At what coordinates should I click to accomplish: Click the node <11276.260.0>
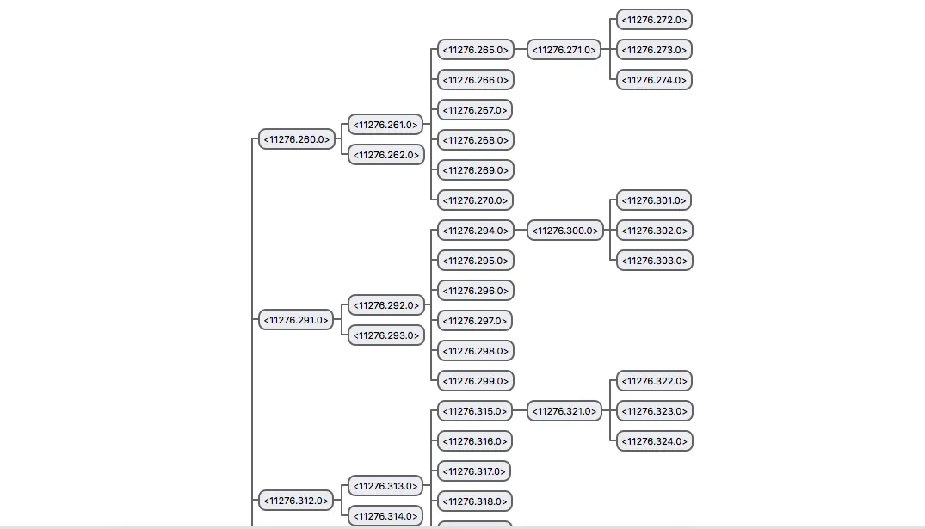point(297,139)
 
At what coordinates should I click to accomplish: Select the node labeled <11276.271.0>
point(564,50)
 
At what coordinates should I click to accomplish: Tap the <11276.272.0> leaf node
point(654,20)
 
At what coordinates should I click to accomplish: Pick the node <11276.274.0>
point(654,80)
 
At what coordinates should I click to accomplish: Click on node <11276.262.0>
point(386,155)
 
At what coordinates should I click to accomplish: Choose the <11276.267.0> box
point(475,110)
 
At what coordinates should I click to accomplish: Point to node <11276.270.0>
point(476,200)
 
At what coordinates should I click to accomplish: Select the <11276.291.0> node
point(296,320)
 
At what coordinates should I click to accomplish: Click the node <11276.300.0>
point(565,230)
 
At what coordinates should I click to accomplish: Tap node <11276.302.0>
point(655,230)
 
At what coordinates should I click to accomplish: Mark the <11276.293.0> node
point(386,335)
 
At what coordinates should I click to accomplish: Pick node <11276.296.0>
point(476,290)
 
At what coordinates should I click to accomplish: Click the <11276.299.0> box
point(476,380)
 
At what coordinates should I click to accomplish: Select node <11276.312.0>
point(296,500)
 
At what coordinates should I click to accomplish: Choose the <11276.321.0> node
point(564,410)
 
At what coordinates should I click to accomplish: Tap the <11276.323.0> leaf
point(655,410)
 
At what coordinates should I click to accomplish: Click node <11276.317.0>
point(474,471)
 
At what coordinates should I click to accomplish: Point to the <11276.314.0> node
point(385,515)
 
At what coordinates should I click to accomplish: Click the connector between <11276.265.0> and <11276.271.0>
point(521,50)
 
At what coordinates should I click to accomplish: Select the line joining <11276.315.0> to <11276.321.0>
point(520,410)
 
